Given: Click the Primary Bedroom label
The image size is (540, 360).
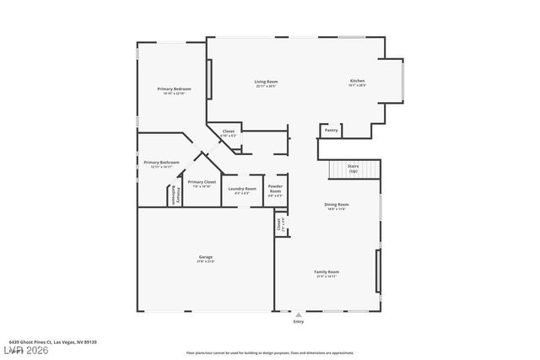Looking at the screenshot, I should (x=174, y=90).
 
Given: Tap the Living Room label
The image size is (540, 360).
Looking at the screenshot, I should (x=267, y=83).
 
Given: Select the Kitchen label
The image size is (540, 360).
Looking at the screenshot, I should (x=358, y=83).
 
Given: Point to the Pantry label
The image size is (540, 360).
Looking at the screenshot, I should (x=332, y=131).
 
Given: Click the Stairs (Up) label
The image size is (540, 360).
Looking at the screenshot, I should (x=354, y=169).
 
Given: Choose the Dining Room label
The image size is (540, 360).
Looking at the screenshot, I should (x=337, y=206).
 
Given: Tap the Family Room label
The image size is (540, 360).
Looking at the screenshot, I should (x=327, y=273).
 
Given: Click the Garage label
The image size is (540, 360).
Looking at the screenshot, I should (x=206, y=258).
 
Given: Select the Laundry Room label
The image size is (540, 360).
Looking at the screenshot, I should (x=242, y=190).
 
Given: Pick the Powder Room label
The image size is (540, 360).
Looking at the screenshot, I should (x=275, y=189).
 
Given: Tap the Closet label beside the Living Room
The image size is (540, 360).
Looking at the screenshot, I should (x=228, y=132).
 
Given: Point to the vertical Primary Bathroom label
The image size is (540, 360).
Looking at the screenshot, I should (x=178, y=195).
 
